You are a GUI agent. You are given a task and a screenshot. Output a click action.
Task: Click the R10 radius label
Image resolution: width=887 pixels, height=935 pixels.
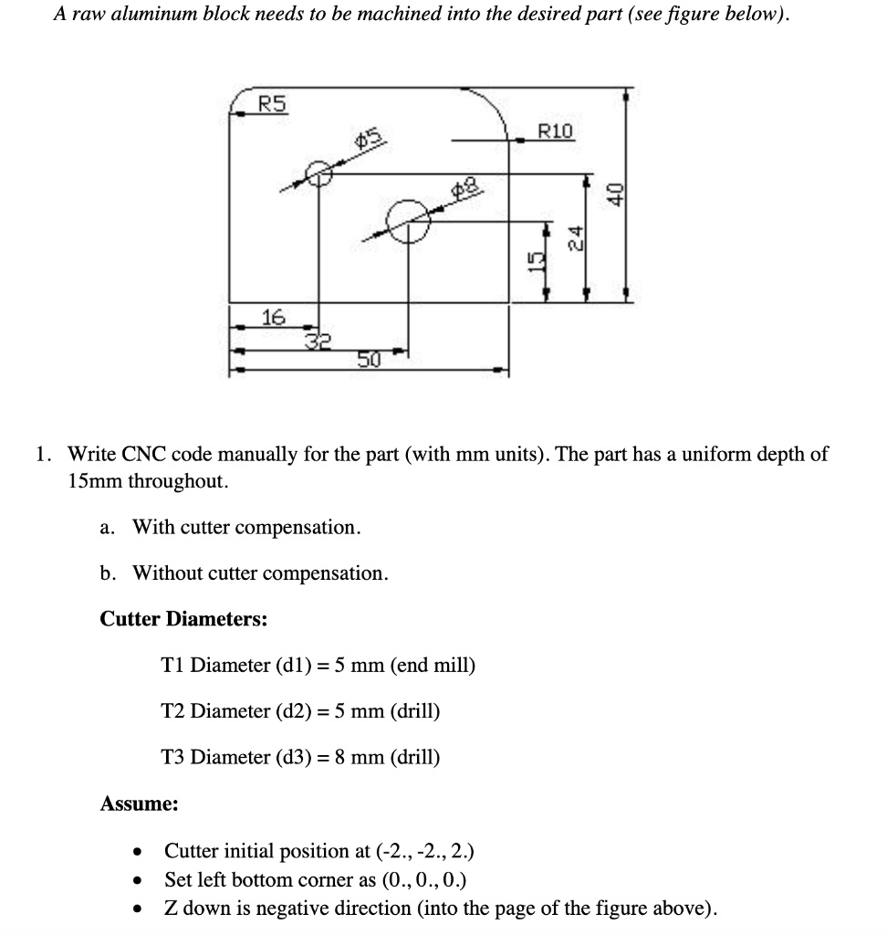coord(556,131)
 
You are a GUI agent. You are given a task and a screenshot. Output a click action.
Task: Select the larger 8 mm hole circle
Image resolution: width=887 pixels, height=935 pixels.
coord(408,219)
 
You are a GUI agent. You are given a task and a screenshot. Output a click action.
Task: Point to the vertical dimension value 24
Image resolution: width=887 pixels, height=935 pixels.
coord(575,238)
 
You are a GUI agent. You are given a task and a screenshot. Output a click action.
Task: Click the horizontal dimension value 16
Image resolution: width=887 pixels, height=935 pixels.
coord(273,318)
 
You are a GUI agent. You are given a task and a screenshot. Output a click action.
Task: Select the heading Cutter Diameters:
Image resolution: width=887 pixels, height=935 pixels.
coord(183,620)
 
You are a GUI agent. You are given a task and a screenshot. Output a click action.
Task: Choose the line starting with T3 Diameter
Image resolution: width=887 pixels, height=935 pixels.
coord(300,758)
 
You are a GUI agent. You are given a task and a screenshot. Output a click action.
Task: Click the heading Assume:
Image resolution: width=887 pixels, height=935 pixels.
coord(139,804)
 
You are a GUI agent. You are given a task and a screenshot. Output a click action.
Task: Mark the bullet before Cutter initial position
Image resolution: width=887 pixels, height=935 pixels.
coord(137,854)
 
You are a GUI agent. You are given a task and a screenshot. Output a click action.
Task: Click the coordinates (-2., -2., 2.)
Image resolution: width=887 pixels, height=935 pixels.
coord(424,853)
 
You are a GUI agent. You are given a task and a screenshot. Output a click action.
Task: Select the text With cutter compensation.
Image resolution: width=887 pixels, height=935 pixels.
coord(247,528)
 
